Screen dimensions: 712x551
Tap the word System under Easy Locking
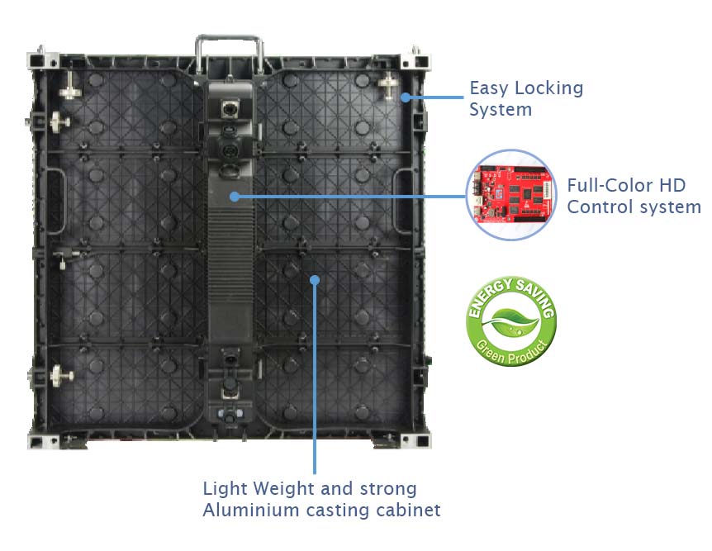pos(501,110)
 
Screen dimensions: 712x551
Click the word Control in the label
pos(599,207)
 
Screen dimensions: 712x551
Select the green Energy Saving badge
pos(510,321)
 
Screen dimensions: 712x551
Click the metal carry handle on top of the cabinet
pos(230,54)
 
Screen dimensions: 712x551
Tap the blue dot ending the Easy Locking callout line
pos(406,97)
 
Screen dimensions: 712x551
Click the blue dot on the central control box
pos(235,197)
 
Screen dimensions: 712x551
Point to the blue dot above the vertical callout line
pos(315,280)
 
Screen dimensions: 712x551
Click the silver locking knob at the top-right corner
pos(389,83)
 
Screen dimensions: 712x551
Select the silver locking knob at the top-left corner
pos(69,86)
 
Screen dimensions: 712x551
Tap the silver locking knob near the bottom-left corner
pos(61,376)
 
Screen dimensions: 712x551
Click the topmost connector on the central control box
pos(230,109)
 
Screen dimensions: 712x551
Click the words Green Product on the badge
pos(510,352)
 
